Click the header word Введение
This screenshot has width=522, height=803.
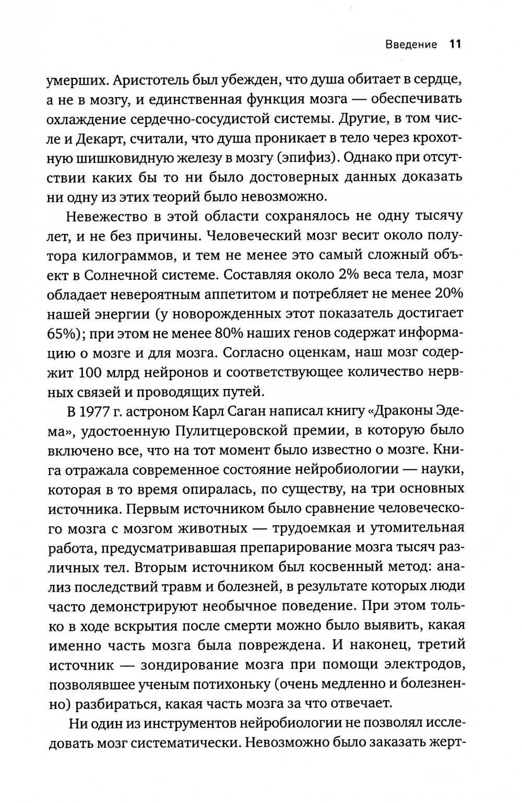click(411, 44)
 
